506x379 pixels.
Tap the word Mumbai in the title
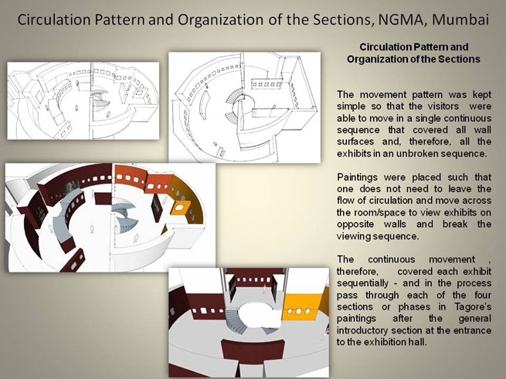(460, 19)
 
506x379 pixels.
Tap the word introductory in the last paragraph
(362, 330)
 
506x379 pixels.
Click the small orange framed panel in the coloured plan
(181, 208)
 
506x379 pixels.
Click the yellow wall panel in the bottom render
(302, 306)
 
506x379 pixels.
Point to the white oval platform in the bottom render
(260, 315)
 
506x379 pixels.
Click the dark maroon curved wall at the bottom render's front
(253, 350)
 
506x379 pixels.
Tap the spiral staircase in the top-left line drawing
(99, 99)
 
